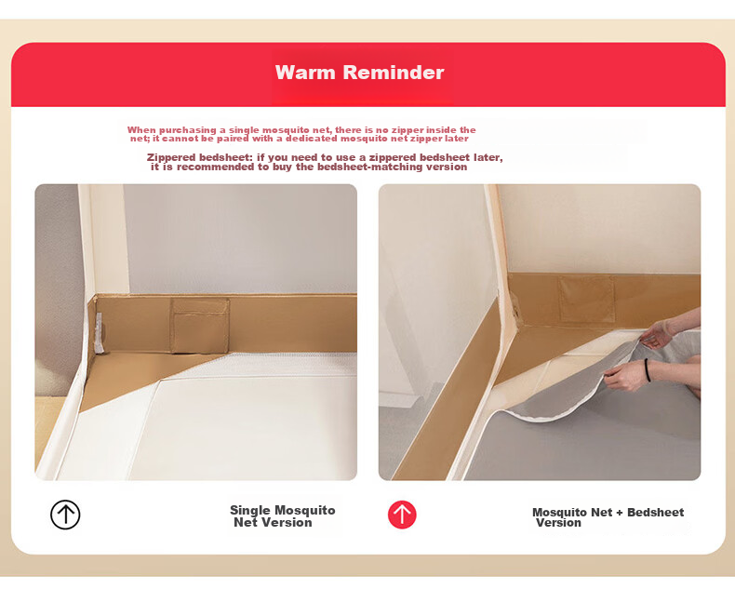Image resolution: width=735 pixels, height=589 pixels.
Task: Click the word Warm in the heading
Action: pyautogui.click(x=305, y=73)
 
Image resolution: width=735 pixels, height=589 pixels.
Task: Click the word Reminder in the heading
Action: pyautogui.click(x=394, y=73)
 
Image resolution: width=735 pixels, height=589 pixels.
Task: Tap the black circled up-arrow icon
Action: pyautogui.click(x=65, y=515)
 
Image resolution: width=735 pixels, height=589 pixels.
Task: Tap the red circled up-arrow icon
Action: pyautogui.click(x=402, y=515)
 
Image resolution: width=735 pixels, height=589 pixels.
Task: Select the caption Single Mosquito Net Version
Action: pyautogui.click(x=282, y=516)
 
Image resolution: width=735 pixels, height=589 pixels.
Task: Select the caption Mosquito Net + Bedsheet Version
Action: pyautogui.click(x=608, y=517)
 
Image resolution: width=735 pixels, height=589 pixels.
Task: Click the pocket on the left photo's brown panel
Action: pyautogui.click(x=200, y=325)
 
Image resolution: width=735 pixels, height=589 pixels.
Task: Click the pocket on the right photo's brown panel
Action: pyautogui.click(x=586, y=299)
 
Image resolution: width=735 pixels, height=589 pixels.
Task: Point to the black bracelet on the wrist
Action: pyautogui.click(x=648, y=370)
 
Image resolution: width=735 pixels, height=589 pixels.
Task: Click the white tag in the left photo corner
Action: pyautogui.click(x=99, y=333)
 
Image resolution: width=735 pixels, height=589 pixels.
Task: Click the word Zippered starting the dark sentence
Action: pyautogui.click(x=169, y=157)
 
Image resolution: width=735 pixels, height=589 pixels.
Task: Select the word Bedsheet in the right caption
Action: pyautogui.click(x=655, y=512)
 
